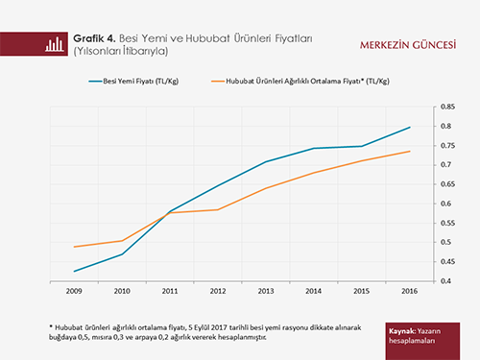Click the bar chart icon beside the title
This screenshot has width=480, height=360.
55,44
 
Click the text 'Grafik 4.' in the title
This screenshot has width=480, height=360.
94,38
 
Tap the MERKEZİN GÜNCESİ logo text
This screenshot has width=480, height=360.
408,45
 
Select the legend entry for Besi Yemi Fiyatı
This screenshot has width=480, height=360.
133,82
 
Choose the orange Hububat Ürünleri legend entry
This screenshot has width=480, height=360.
300,82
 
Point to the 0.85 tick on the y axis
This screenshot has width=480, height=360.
447,107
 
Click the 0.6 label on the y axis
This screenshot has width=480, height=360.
445,204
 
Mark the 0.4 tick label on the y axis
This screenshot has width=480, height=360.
445,281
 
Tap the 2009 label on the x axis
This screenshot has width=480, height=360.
74,291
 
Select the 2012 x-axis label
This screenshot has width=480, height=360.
218,291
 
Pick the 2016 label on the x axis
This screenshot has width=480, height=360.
410,291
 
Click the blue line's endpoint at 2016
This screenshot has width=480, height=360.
410,128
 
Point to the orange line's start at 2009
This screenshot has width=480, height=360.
74,247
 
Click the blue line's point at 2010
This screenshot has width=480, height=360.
122,254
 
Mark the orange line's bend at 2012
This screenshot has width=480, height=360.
218,210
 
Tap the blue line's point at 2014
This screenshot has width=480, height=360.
314,148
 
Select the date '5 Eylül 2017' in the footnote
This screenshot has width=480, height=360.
208,327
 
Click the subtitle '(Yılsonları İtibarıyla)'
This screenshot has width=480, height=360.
121,51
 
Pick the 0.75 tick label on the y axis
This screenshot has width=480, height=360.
447,146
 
